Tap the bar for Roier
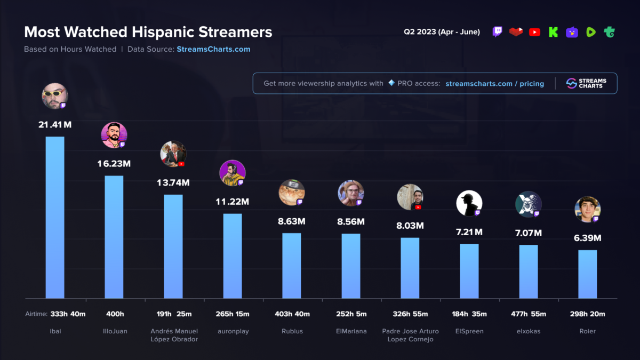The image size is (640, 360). point(588,274)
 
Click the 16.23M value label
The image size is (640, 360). point(114,164)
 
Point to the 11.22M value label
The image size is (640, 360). point(233,202)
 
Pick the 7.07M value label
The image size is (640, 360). point(529,233)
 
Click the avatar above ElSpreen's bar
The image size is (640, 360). point(469,203)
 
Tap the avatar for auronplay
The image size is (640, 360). point(233,173)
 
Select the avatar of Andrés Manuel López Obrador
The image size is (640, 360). point(173,154)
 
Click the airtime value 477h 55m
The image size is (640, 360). point(529,314)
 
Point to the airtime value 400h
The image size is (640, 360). point(114,314)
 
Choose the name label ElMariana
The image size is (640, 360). point(351,331)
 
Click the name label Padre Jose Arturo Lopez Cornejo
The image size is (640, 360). point(410,335)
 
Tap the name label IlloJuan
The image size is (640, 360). point(114,331)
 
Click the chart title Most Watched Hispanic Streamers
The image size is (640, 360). point(148,32)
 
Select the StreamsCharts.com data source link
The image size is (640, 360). point(213,49)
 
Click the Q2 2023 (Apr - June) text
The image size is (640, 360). point(442,32)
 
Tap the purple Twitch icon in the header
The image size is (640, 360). point(497,32)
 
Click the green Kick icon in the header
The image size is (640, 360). point(553,32)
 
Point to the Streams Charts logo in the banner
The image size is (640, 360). point(586,83)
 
